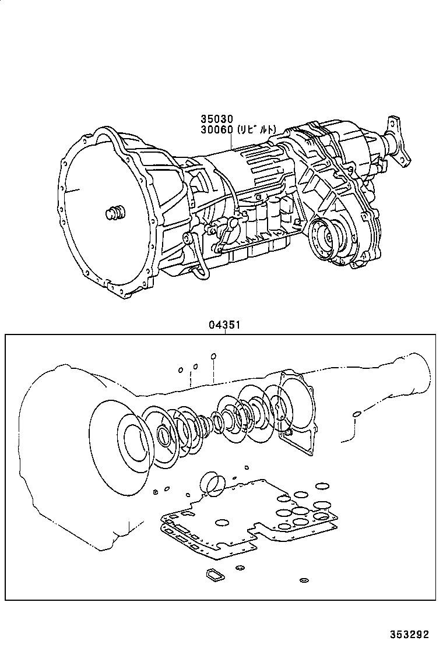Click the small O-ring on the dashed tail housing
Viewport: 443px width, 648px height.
[x=355, y=415]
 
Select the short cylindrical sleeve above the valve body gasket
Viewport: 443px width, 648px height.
[x=211, y=483]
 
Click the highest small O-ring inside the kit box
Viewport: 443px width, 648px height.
[x=213, y=356]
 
